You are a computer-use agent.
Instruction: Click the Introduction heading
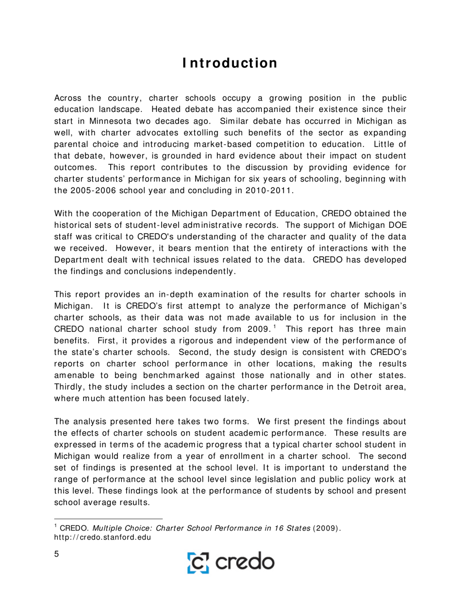[x=230, y=63]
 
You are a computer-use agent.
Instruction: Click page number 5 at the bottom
[x=56, y=555]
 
